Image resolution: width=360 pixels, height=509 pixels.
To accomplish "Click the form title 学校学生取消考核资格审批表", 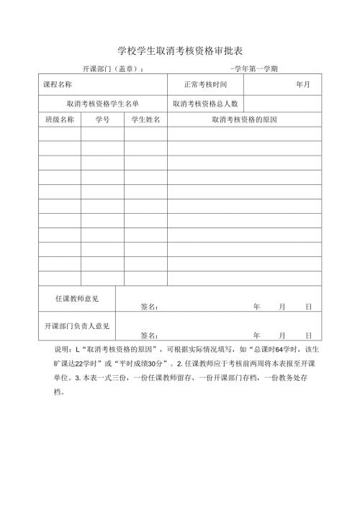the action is (x=180, y=51).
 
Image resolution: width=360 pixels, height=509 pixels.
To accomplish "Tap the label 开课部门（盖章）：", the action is (x=113, y=69).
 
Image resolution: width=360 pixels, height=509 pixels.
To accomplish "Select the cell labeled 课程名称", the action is (x=58, y=85).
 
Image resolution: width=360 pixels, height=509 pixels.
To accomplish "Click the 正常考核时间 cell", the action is (x=205, y=85).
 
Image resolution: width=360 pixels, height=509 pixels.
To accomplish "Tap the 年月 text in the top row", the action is (x=302, y=85).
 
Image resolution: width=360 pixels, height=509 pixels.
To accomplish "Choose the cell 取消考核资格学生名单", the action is (x=103, y=104).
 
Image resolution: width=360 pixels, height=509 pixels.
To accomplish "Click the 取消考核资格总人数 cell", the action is (x=205, y=104).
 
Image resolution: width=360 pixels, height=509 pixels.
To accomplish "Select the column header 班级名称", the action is (x=59, y=120).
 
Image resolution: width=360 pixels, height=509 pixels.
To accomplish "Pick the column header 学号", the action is (x=102, y=120).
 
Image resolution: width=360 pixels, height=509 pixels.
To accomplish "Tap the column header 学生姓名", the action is (x=145, y=120).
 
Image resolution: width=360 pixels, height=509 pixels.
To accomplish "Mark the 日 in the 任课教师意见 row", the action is (x=308, y=307).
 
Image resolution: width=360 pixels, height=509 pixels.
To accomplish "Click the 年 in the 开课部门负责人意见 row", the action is (x=256, y=335).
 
